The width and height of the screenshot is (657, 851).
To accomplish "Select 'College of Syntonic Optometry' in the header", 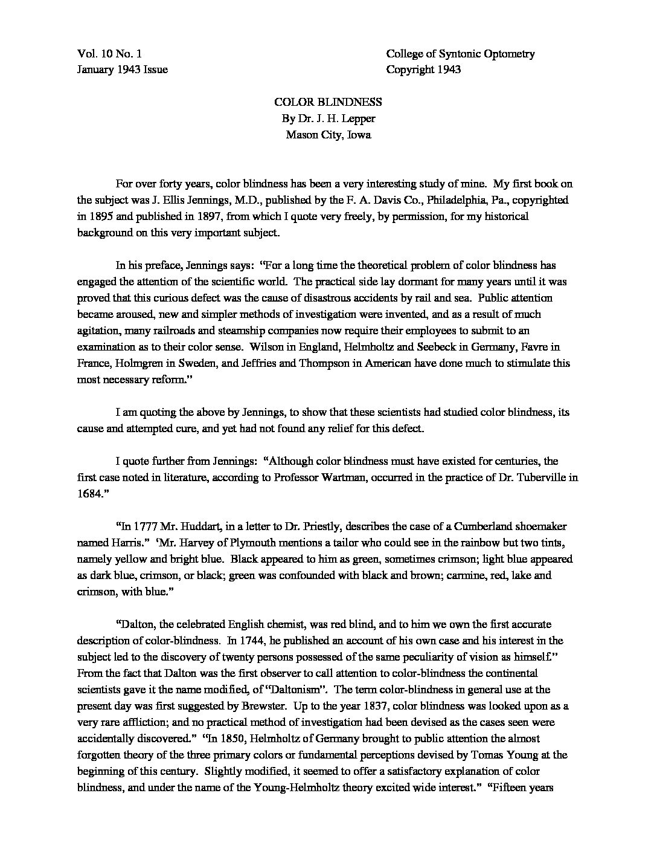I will pyautogui.click(x=460, y=54).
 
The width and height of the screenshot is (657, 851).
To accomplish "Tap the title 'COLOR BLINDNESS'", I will pyautogui.click(x=328, y=103).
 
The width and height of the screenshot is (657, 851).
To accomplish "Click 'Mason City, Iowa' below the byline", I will pyautogui.click(x=328, y=135).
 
